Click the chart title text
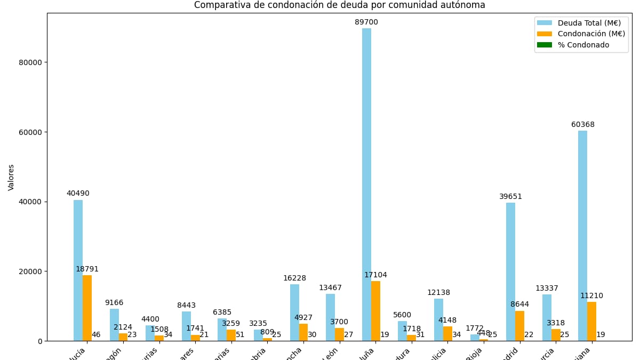pos(339,5)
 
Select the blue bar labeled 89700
pos(366,184)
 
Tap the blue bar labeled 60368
pos(582,235)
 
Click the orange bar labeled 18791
pos(87,308)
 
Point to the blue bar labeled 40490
pos(78,270)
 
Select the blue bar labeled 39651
pos(510,271)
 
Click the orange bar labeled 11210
pos(591,321)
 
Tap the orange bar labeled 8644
pos(519,325)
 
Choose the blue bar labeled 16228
pos(294,312)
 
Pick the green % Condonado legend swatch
pos(544,45)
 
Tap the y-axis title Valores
pos(11,177)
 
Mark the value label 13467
pos(330,288)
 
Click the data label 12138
pos(438,293)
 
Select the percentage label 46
pos(96,335)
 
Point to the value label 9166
pos(114,303)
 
